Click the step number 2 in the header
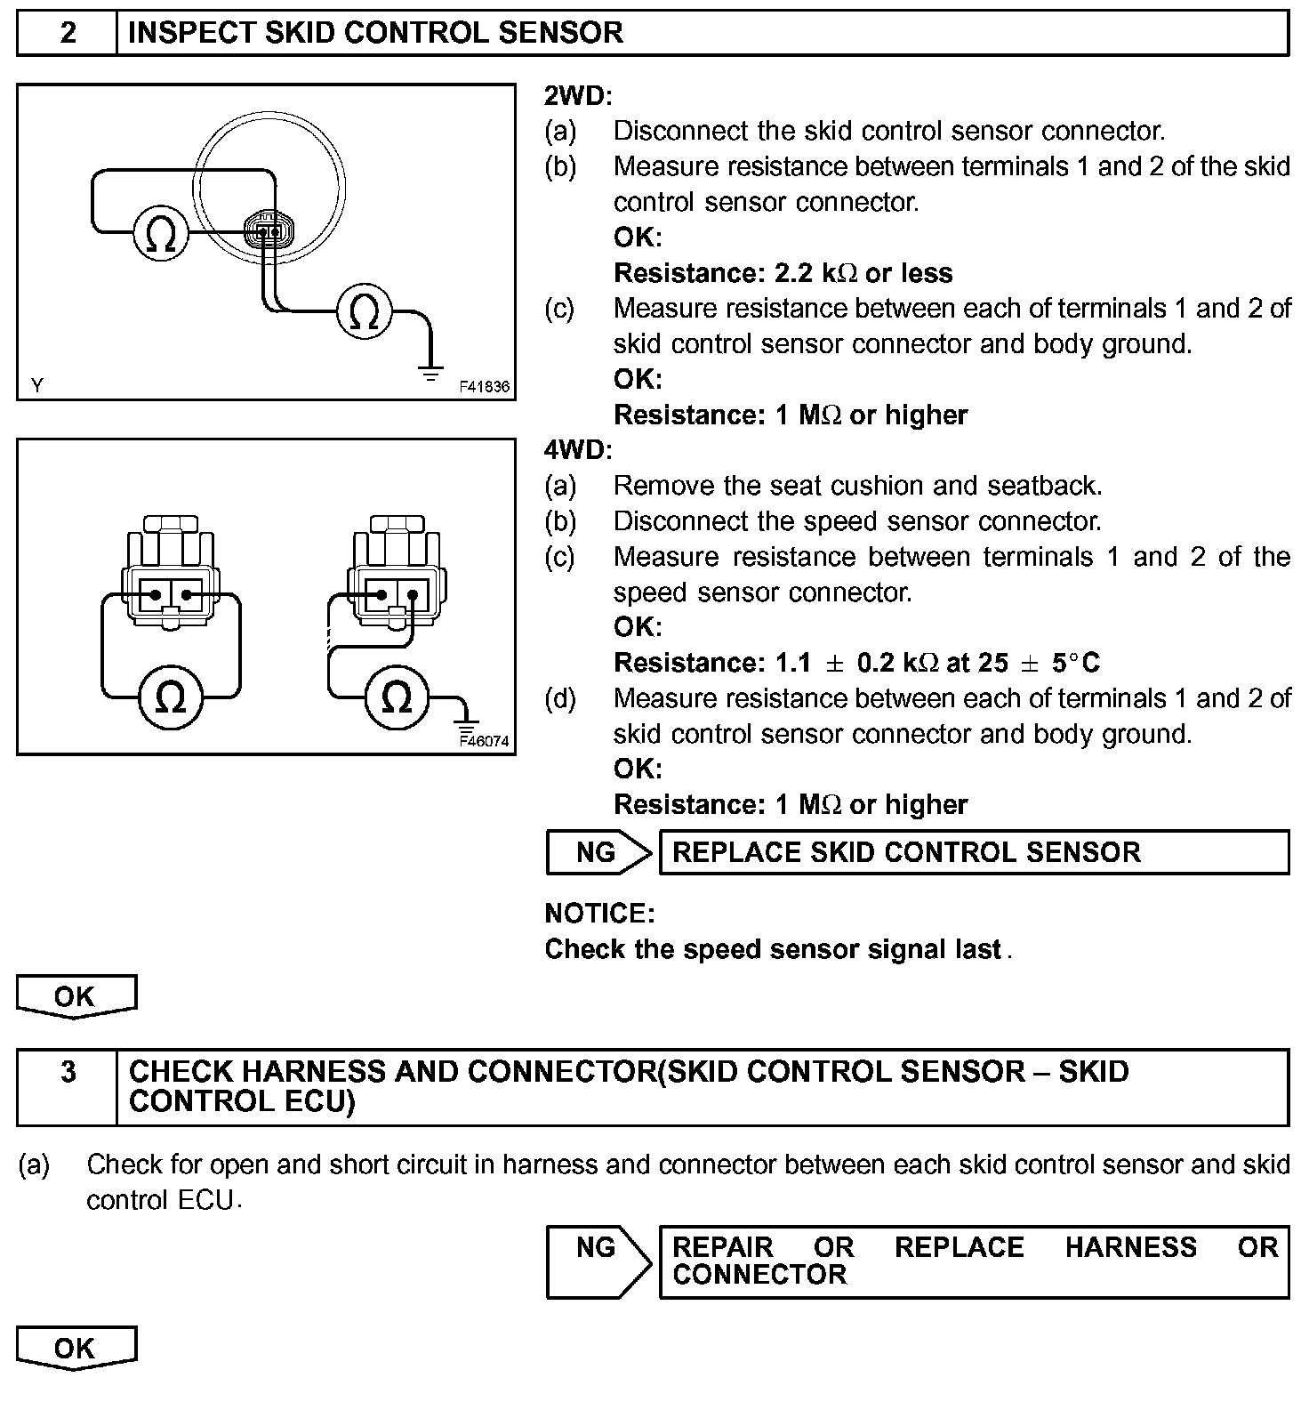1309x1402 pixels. [x=68, y=33]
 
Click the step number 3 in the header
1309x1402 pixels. [x=68, y=1072]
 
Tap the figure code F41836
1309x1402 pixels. [x=485, y=387]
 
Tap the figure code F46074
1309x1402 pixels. [x=486, y=740]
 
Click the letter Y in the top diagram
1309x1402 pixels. [x=36, y=385]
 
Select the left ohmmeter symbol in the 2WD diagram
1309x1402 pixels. [x=160, y=234]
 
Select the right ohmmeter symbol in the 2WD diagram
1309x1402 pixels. [x=364, y=311]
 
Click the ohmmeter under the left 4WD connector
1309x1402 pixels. [x=171, y=697]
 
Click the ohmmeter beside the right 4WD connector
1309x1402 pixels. [x=397, y=697]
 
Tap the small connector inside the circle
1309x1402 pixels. [x=268, y=231]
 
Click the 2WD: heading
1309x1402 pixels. [x=578, y=96]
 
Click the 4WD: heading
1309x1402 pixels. [x=578, y=450]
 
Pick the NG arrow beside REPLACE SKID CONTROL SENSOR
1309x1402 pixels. [x=598, y=852]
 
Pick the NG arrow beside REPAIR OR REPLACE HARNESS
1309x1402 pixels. [x=598, y=1261]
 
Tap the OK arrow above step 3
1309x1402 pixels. [x=76, y=996]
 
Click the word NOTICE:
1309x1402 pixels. [x=599, y=914]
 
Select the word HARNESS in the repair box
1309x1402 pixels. [x=1130, y=1247]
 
